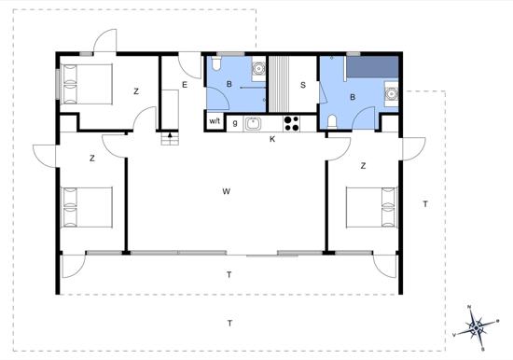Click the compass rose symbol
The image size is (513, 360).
(x=477, y=326)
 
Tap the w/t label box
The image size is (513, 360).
(x=215, y=121)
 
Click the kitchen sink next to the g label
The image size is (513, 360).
(x=253, y=123)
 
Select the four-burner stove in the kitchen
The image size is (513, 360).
(x=292, y=123)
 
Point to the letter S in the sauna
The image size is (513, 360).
(x=303, y=85)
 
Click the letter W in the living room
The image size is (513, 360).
(x=226, y=191)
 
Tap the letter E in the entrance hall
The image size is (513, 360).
(x=185, y=85)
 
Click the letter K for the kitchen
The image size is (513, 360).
(x=272, y=139)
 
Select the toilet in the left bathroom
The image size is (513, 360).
(x=216, y=63)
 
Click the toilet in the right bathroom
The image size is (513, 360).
(x=332, y=122)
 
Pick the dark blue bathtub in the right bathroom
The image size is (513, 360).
(x=372, y=67)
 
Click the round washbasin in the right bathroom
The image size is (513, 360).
(x=391, y=94)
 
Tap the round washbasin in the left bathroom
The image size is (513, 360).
(x=258, y=69)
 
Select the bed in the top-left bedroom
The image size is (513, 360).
(x=87, y=84)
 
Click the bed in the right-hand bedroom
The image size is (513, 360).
(x=372, y=207)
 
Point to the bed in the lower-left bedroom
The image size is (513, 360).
(x=87, y=207)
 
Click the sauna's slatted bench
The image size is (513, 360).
(x=279, y=84)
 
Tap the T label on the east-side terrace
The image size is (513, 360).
(x=425, y=204)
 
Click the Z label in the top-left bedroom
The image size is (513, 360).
(x=136, y=91)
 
